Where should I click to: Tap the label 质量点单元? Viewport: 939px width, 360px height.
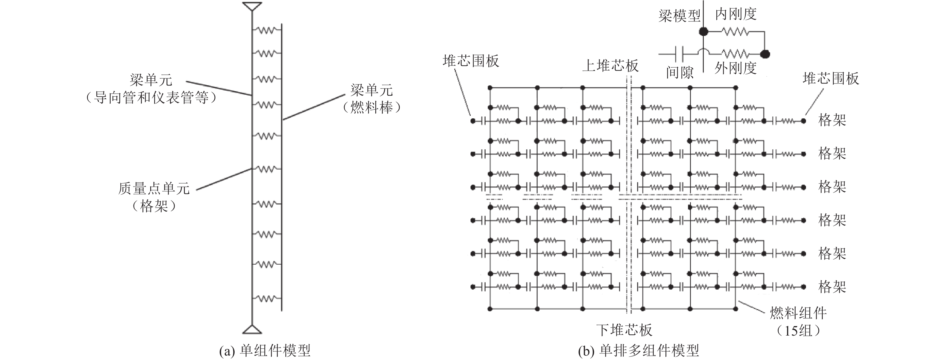pos(154,188)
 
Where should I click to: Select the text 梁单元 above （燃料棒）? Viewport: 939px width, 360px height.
pos(371,90)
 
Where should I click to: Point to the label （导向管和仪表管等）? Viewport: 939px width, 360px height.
pos(151,98)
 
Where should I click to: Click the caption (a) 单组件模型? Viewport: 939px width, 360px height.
pos(265,350)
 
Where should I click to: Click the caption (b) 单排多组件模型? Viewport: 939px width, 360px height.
pos(639,350)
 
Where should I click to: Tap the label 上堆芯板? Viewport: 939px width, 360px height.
pos(610,66)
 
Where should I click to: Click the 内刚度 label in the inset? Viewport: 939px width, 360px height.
pos(736,15)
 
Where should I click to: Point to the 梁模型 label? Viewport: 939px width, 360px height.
pos(679,16)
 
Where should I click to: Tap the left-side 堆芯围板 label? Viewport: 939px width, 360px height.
pos(471,61)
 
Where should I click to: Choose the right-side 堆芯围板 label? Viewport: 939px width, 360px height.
pos(831,78)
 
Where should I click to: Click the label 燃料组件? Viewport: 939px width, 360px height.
pos(798,313)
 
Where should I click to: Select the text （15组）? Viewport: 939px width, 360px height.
pos(798,330)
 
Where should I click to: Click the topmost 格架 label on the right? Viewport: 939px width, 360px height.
pos(832,120)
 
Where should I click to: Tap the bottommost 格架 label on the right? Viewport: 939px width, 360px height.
pos(832,287)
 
